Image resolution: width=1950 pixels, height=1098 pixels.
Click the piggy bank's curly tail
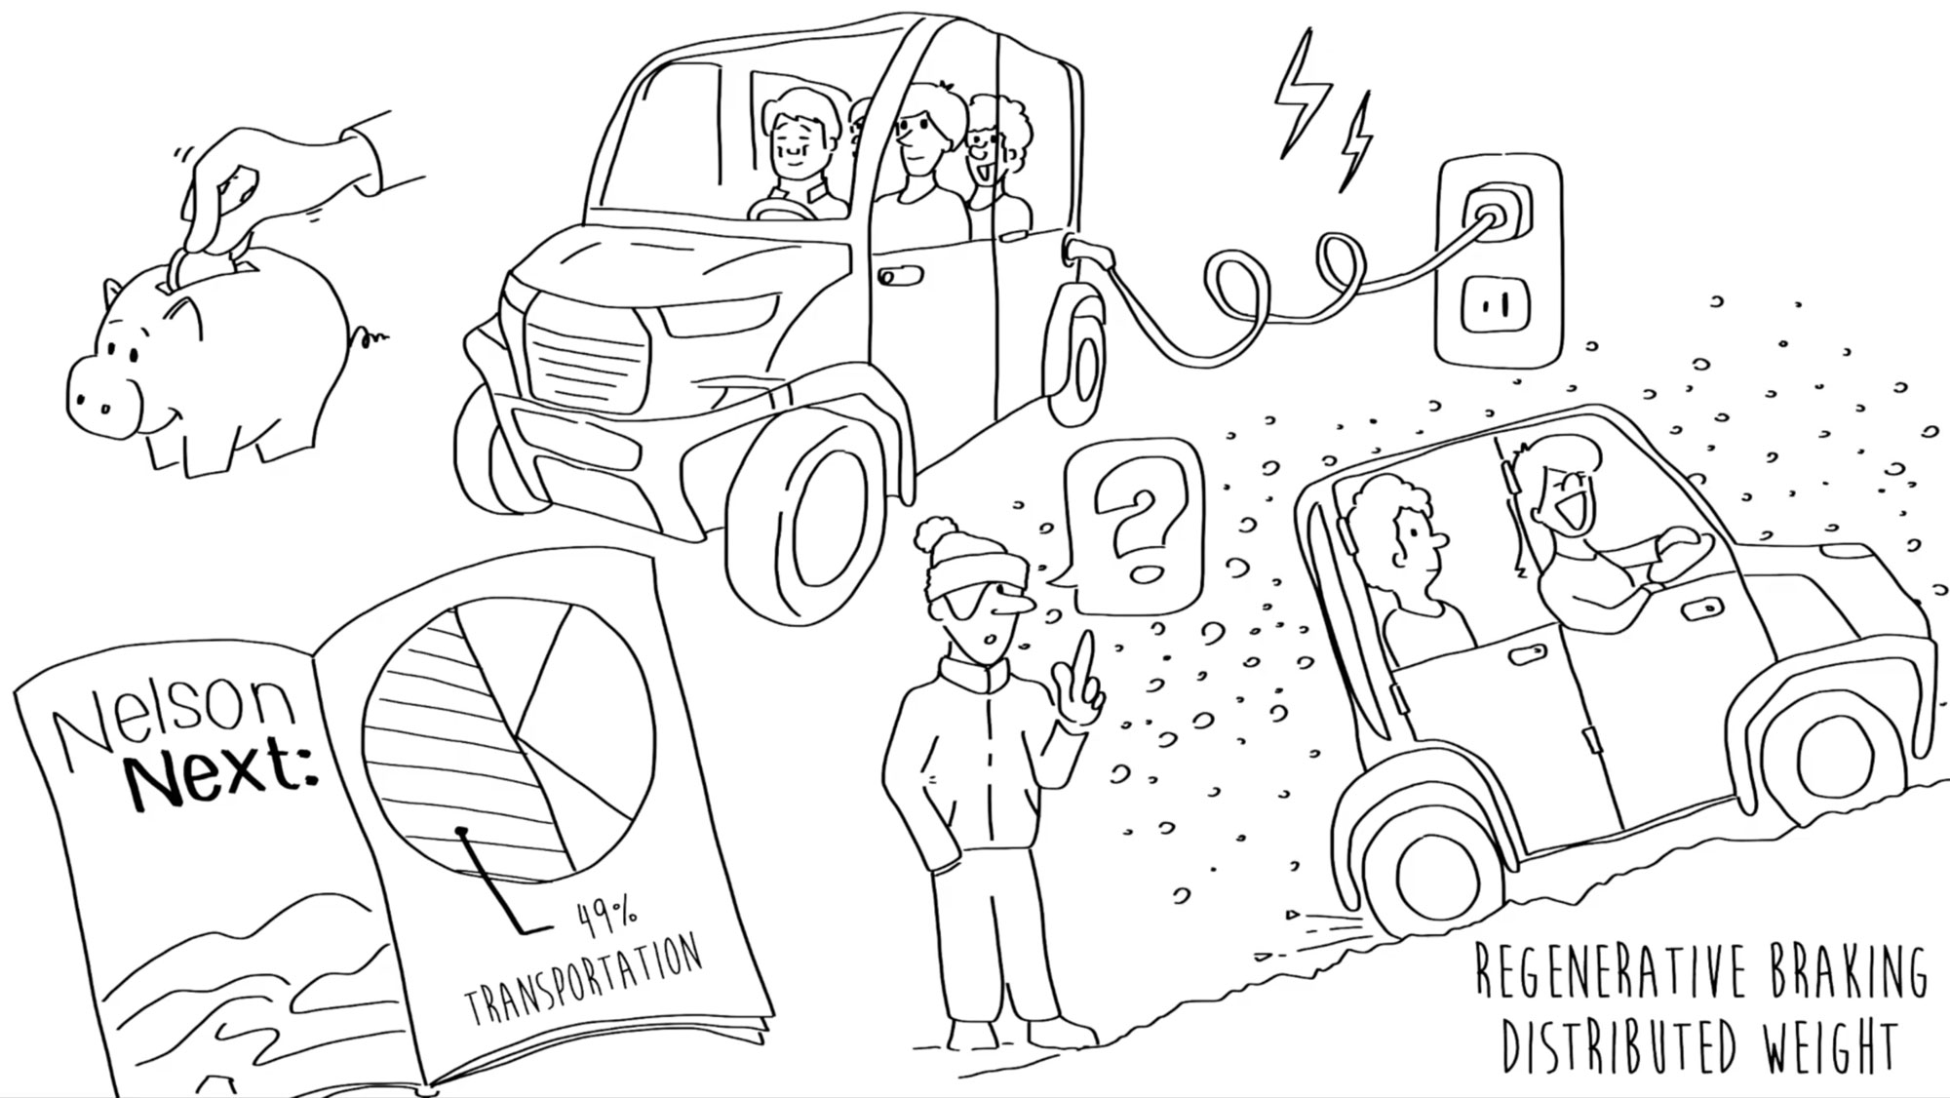point(370,335)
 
